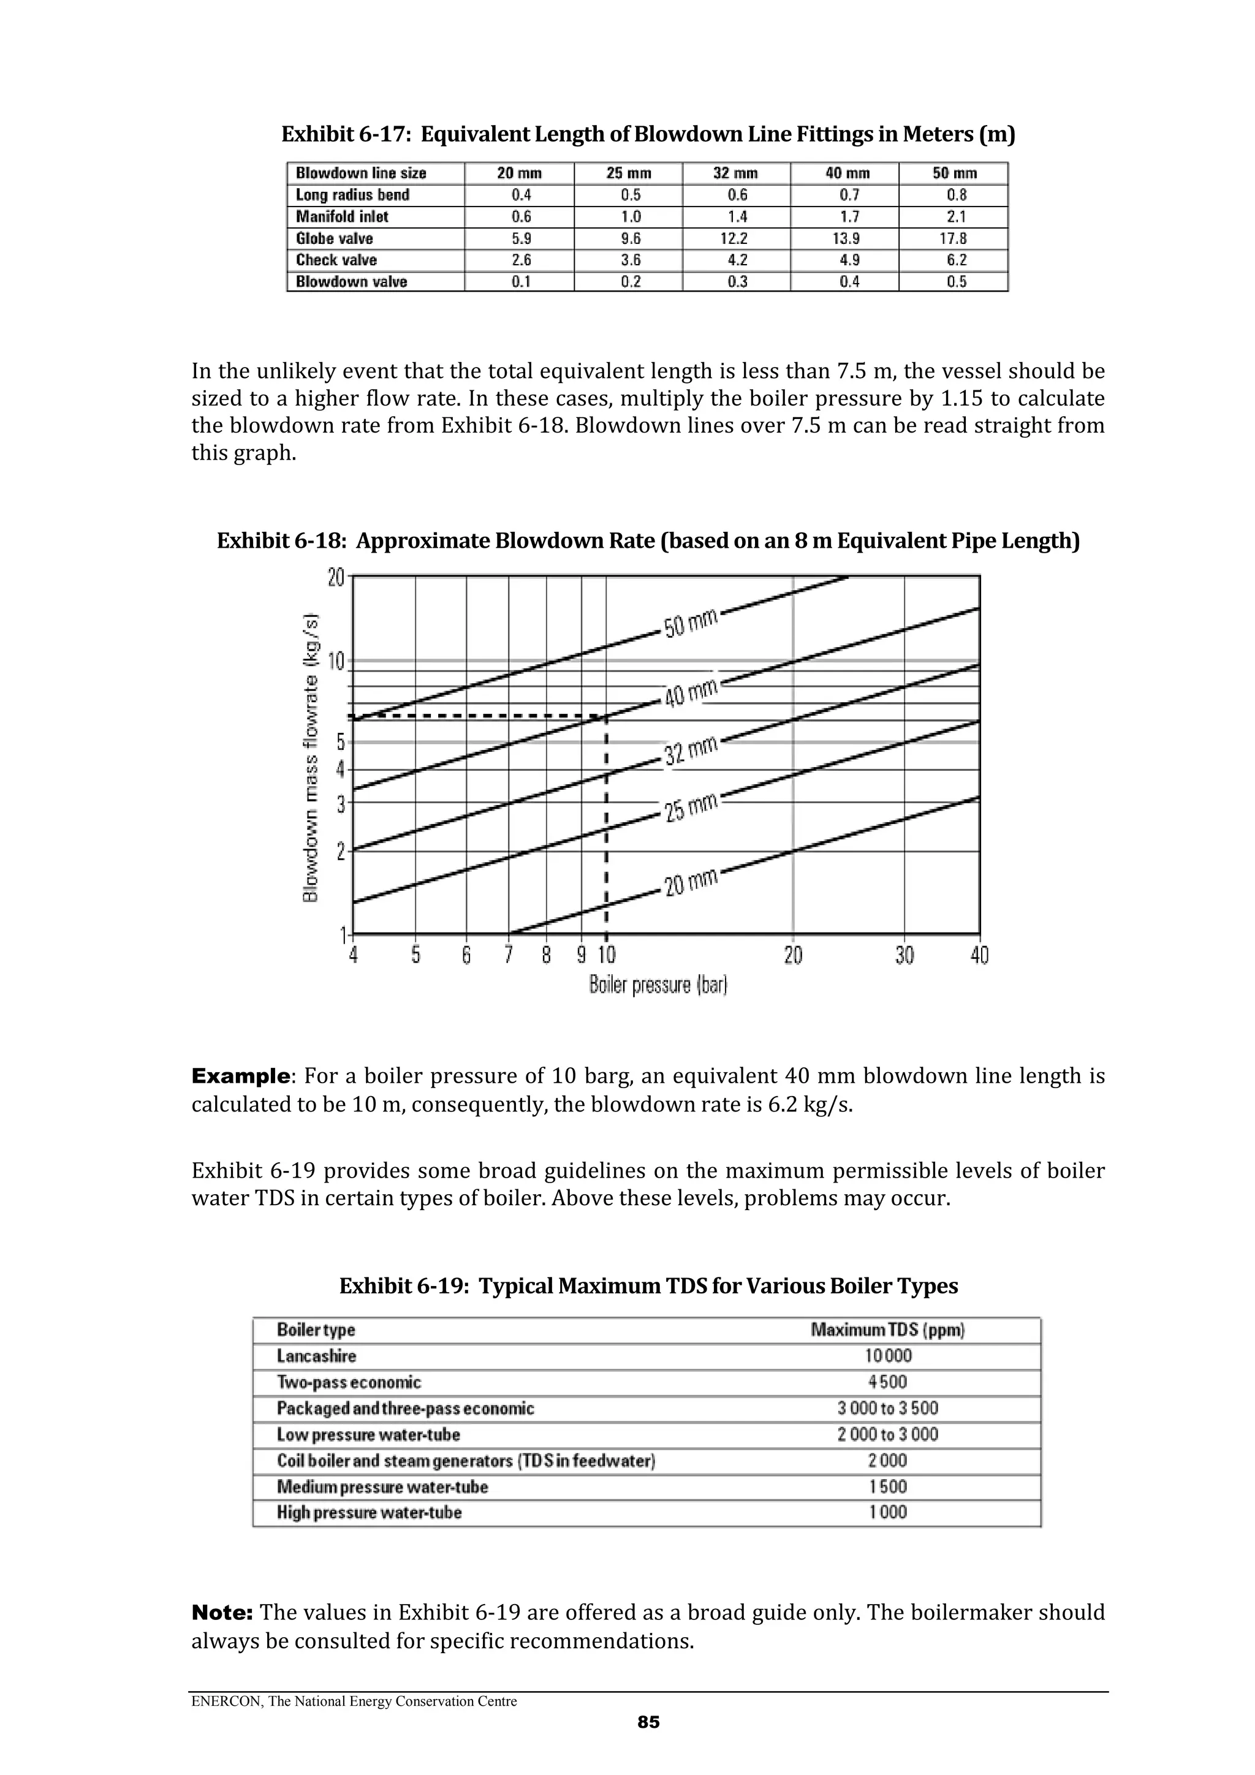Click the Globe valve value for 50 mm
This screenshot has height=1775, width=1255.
click(956, 238)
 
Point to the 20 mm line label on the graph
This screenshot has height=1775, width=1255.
click(691, 881)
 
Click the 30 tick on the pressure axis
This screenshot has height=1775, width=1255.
click(904, 956)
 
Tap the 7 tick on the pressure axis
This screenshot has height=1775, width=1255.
click(508, 956)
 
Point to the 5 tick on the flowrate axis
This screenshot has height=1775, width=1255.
click(339, 742)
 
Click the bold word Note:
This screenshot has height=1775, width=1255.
click(222, 1613)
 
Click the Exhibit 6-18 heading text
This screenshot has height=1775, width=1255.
click(648, 540)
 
